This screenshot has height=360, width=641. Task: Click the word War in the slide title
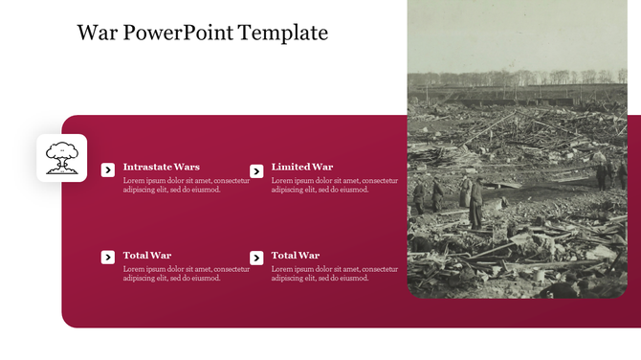coord(96,34)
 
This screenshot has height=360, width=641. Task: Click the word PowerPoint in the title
coord(178,34)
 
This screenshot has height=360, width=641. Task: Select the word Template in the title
coord(283,34)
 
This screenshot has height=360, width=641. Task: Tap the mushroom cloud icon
coord(62,158)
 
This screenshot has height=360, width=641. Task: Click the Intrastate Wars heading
coord(161,167)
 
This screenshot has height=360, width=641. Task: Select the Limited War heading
coord(302,167)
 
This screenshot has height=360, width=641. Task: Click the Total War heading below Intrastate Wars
coord(147,256)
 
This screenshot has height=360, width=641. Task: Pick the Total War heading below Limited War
coord(296,256)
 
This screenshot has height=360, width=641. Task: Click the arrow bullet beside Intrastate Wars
coord(108,170)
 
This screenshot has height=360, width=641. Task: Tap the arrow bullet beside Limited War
coord(256,170)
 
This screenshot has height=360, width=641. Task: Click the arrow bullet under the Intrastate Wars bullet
coord(108,257)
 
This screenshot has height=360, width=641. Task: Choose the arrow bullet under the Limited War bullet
coord(256,258)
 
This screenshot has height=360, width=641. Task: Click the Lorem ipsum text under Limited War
coord(334,185)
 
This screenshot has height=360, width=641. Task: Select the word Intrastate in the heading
coord(146,167)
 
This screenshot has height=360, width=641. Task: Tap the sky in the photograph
coord(517,34)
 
